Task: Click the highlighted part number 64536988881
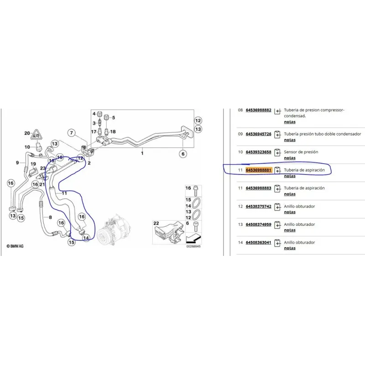pyautogui.click(x=258, y=170)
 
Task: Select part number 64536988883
pyautogui.click(x=258, y=188)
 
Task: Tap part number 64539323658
pyautogui.click(x=258, y=152)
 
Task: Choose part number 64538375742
pyautogui.click(x=258, y=207)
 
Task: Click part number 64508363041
pyautogui.click(x=258, y=243)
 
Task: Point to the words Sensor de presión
pyautogui.click(x=301, y=152)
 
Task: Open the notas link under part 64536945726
pyautogui.click(x=290, y=140)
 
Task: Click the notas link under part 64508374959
pyautogui.click(x=290, y=230)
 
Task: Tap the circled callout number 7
pyautogui.click(x=72, y=133)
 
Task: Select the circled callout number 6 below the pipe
pyautogui.click(x=183, y=154)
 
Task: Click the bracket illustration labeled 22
pyautogui.click(x=169, y=233)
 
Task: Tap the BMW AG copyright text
pyautogui.click(x=15, y=246)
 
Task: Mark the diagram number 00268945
pyautogui.click(x=193, y=246)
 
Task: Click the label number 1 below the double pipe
pyautogui.click(x=142, y=153)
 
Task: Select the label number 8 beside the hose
pyautogui.click(x=50, y=217)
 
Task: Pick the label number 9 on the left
pyautogui.click(x=17, y=162)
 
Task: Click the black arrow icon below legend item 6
pyautogui.click(x=193, y=238)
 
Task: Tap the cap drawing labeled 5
pyautogui.click(x=107, y=117)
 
